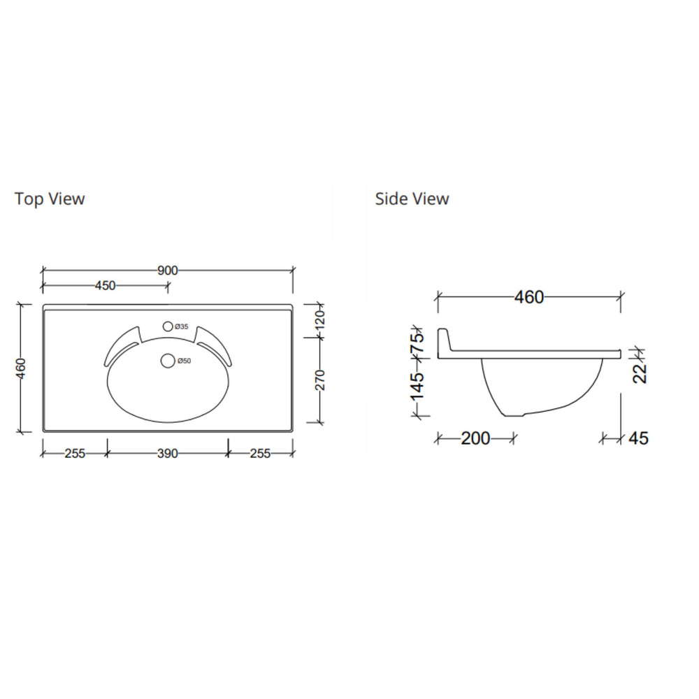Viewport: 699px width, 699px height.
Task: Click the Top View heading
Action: pyautogui.click(x=50, y=199)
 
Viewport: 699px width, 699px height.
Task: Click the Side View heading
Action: pyautogui.click(x=412, y=199)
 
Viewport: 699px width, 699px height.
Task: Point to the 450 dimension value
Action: pyautogui.click(x=105, y=285)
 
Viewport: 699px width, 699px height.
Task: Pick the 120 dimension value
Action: pyautogui.click(x=319, y=321)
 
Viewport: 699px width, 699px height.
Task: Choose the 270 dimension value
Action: pyautogui.click(x=319, y=380)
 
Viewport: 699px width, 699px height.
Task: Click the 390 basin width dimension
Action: pyautogui.click(x=167, y=454)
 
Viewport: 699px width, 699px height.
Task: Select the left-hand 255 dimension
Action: pyautogui.click(x=74, y=454)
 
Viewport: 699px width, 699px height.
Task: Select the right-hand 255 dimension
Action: pyautogui.click(x=260, y=454)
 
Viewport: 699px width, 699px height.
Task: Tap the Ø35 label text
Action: pyautogui.click(x=181, y=326)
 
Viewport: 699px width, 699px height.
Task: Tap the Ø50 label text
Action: pyautogui.click(x=184, y=361)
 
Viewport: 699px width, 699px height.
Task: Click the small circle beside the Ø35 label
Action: pyautogui.click(x=167, y=326)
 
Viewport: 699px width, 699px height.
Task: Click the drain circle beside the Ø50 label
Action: pyautogui.click(x=167, y=361)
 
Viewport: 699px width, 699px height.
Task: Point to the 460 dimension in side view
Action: pyautogui.click(x=528, y=297)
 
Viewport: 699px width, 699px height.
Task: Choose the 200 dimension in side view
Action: pyautogui.click(x=475, y=438)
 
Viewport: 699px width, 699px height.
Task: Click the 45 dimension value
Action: pyautogui.click(x=638, y=438)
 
